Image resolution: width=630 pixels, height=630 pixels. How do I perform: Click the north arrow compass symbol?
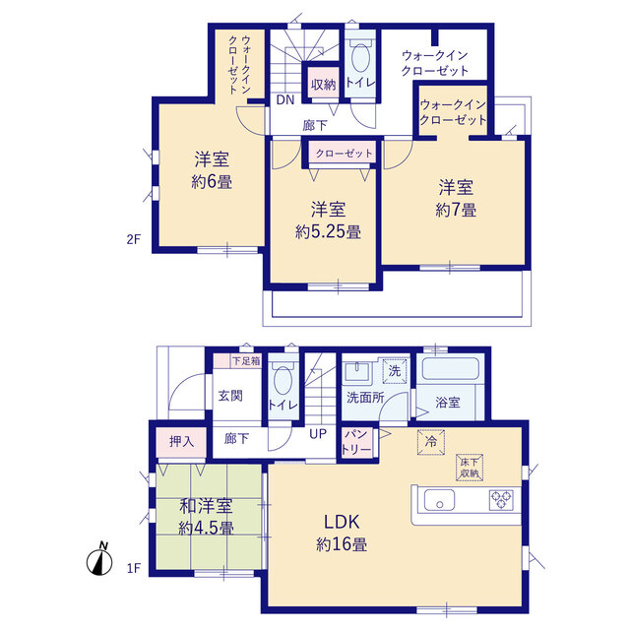click(99, 560)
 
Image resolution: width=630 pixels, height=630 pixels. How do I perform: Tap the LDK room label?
click(342, 522)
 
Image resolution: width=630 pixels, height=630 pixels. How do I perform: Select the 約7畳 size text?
click(456, 210)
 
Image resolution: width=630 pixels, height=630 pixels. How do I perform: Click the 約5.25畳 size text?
click(328, 232)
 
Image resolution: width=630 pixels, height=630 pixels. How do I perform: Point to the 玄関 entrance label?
click(230, 396)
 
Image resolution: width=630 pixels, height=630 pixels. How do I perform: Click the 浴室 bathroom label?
click(448, 403)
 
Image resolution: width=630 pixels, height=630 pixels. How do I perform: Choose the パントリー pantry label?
click(356, 441)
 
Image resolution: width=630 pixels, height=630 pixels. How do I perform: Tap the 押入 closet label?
click(181, 442)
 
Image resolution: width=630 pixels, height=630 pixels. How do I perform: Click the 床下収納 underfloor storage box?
click(470, 468)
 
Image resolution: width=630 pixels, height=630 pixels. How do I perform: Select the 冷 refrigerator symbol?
click(431, 442)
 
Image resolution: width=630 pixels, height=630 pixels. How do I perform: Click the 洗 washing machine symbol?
click(395, 371)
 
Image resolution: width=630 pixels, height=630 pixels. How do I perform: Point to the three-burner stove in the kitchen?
click(501, 500)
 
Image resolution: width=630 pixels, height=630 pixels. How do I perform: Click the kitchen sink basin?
click(439, 499)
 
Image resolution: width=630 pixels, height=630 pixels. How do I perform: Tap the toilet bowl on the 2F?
click(360, 57)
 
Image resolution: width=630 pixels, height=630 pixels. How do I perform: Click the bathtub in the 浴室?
click(451, 368)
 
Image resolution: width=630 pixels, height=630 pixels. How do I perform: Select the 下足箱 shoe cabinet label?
click(246, 361)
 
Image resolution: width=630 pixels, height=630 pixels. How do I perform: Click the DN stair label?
click(285, 100)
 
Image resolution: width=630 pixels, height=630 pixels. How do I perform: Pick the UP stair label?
click(318, 434)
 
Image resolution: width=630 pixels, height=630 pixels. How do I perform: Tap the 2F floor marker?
click(134, 239)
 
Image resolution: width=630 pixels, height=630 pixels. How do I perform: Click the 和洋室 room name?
click(206, 507)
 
